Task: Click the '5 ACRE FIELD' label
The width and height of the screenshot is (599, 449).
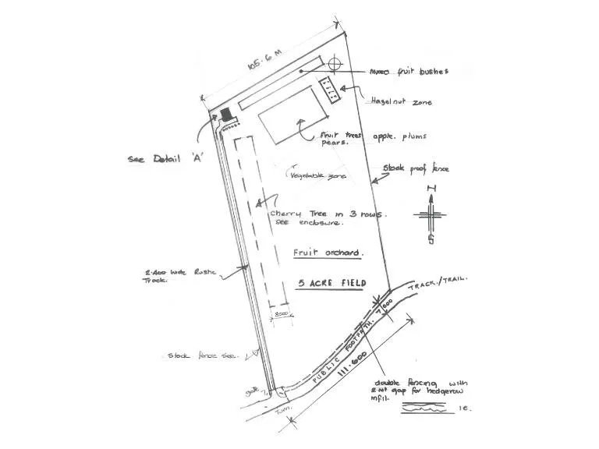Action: [332, 284]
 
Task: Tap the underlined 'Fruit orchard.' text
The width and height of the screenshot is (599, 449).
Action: [328, 253]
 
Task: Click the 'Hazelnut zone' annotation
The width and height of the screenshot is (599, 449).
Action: [401, 101]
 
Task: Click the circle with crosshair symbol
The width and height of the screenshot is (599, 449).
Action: [336, 63]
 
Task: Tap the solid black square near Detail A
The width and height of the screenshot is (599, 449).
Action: [226, 114]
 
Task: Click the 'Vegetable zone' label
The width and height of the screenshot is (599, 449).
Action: [317, 176]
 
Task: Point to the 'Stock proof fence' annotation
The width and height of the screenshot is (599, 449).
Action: [416, 168]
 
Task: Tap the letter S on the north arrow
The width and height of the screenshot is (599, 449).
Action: [431, 239]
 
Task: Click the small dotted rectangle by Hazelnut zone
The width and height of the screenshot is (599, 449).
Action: [331, 90]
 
